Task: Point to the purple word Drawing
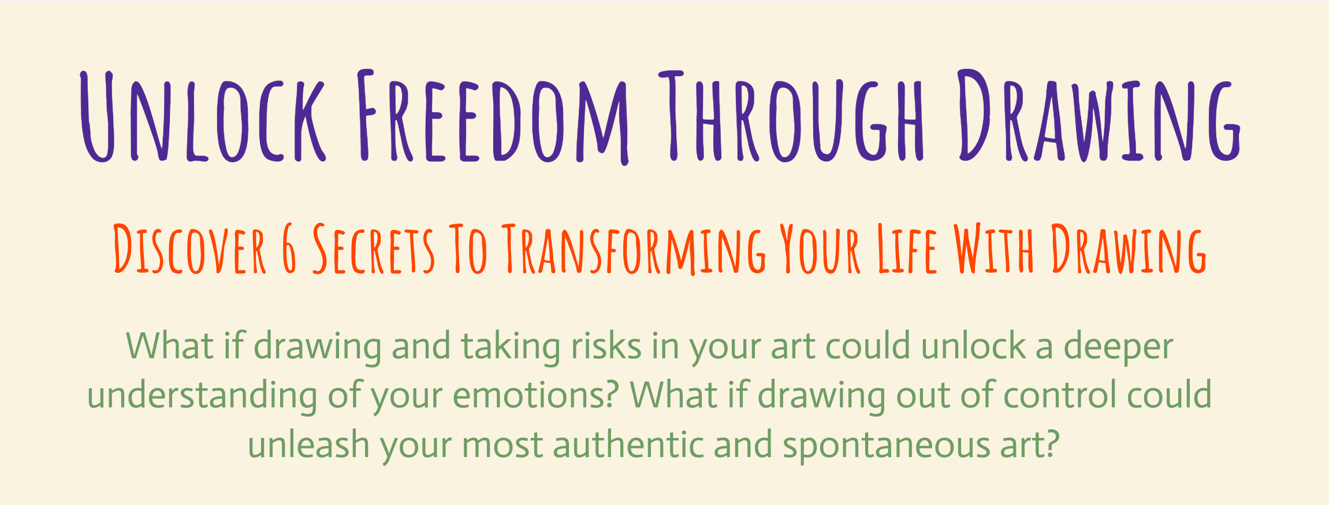coord(1097,116)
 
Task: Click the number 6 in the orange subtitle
coord(289,250)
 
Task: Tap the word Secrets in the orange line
coord(373,250)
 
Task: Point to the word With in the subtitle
coord(993,250)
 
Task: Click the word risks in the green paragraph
coord(606,347)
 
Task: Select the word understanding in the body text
coord(202,396)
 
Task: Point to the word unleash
coord(309,445)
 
